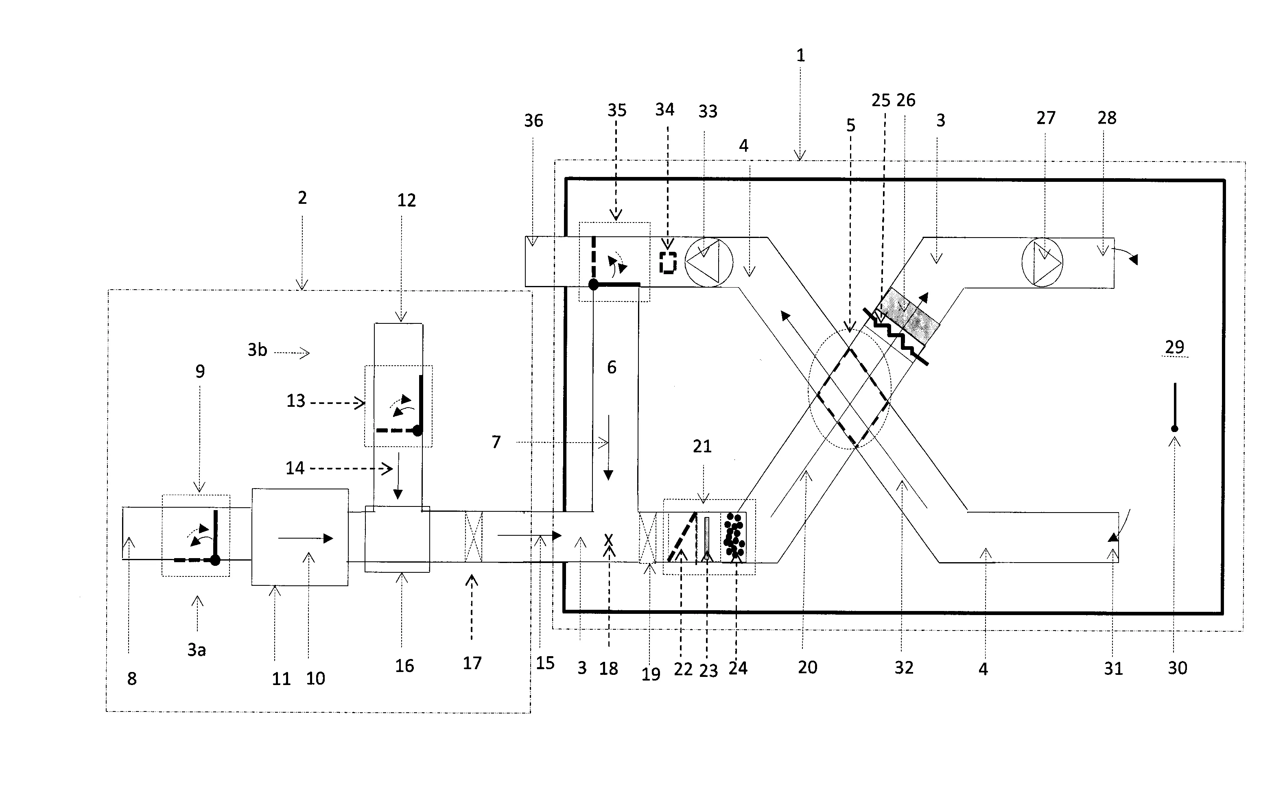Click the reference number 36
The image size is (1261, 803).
pyautogui.click(x=533, y=121)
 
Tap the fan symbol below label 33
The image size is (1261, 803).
pyautogui.click(x=708, y=262)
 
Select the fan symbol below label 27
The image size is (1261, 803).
pyautogui.click(x=1042, y=262)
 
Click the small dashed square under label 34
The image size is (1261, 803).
pyautogui.click(x=668, y=263)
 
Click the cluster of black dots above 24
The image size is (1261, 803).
pyautogui.click(x=734, y=535)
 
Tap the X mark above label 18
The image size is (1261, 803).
pyautogui.click(x=608, y=539)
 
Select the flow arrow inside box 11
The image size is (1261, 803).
pyautogui.click(x=305, y=538)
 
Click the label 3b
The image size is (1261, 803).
pyautogui.click(x=257, y=350)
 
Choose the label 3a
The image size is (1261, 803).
pyautogui.click(x=197, y=650)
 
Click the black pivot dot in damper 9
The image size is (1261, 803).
pyautogui.click(x=215, y=560)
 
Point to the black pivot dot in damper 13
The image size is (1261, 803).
pyautogui.click(x=417, y=431)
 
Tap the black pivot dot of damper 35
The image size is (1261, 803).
pyautogui.click(x=593, y=285)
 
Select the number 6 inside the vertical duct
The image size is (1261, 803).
pyautogui.click(x=611, y=367)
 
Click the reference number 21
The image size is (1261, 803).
pyautogui.click(x=702, y=447)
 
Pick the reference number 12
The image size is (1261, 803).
pyautogui.click(x=406, y=201)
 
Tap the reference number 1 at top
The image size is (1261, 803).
pyautogui.click(x=800, y=55)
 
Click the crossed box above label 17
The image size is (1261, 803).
pyautogui.click(x=473, y=537)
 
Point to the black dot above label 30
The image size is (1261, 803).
pyautogui.click(x=1175, y=429)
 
